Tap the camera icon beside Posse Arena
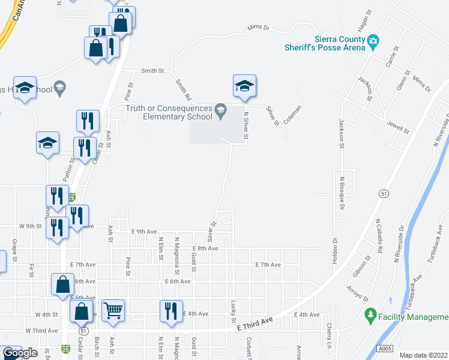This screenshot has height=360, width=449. [373, 41]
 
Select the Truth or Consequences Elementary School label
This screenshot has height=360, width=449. [169, 112]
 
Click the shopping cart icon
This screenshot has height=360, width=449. [113, 310]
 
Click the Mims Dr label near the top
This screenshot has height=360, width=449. [259, 28]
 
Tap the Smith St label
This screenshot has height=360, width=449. [152, 71]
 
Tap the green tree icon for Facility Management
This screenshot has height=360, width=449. [370, 314]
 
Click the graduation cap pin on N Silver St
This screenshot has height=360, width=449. [244, 85]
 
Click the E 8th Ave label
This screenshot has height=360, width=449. [205, 248]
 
